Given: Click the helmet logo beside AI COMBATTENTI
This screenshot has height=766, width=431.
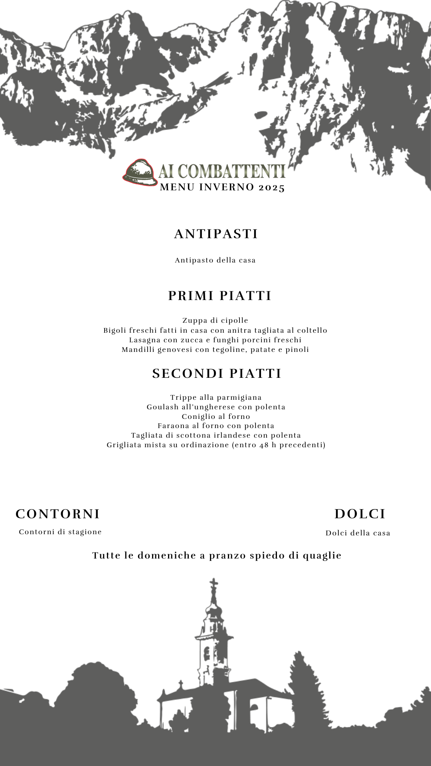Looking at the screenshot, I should point(140,172).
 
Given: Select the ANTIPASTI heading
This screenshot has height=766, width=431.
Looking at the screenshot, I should point(216,234).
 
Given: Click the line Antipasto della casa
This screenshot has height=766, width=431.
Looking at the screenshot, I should point(215,261).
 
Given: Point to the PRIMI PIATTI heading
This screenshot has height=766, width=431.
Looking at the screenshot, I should point(219,296).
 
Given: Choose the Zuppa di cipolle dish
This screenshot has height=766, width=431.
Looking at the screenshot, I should point(215,320).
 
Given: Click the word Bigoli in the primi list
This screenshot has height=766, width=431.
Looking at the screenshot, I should point(115,330).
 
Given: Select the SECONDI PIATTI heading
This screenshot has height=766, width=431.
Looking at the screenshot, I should point(217,373).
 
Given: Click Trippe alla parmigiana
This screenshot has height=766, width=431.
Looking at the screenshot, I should point(216,397).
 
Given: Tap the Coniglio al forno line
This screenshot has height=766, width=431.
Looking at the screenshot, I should point(216,417).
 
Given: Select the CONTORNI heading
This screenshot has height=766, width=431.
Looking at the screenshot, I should point(58,514).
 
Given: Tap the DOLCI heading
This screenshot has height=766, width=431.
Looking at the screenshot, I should point(360,514).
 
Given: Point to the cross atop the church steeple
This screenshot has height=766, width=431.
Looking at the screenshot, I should point(214,583).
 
